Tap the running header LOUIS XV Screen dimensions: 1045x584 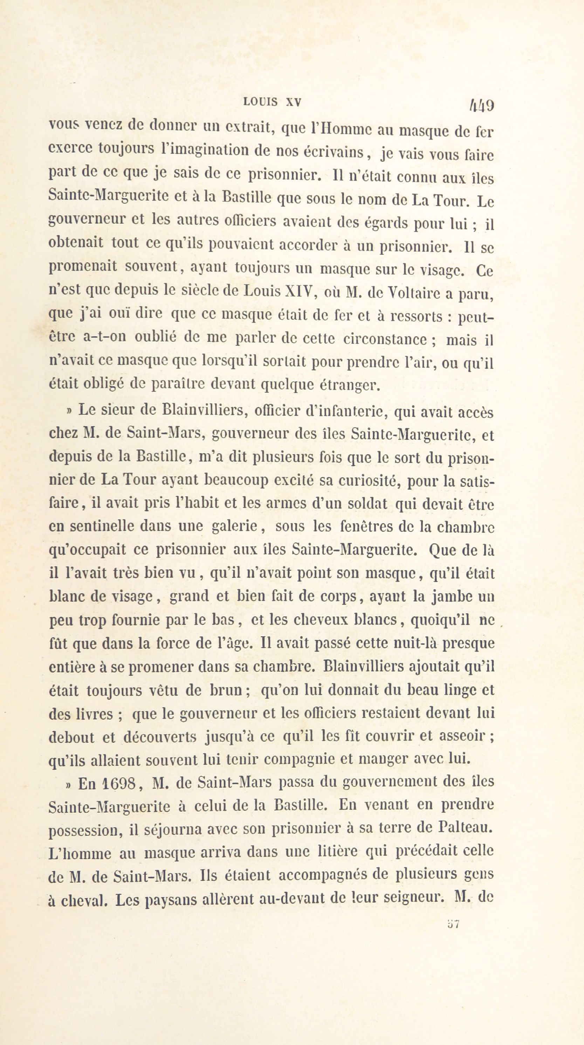272,102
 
